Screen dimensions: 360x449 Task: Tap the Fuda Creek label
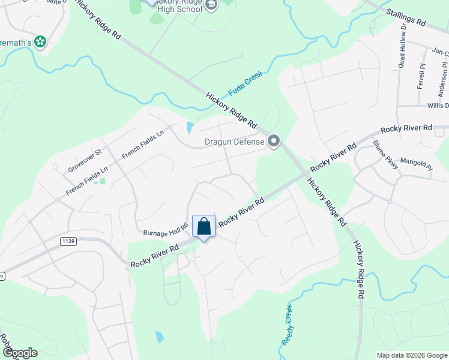[245, 87]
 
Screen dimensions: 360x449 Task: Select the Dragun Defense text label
[234, 142]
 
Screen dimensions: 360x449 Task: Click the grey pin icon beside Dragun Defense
[274, 142]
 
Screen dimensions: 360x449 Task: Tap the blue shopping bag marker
[204, 227]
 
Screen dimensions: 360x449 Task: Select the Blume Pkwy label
[385, 155]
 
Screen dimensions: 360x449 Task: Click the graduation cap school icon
[211, 5]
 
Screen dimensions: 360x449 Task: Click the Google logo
[19, 353]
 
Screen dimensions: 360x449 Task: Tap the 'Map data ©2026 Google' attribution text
[412, 355]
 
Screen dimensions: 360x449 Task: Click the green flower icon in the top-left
[40, 42]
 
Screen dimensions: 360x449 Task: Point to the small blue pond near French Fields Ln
[190, 128]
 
